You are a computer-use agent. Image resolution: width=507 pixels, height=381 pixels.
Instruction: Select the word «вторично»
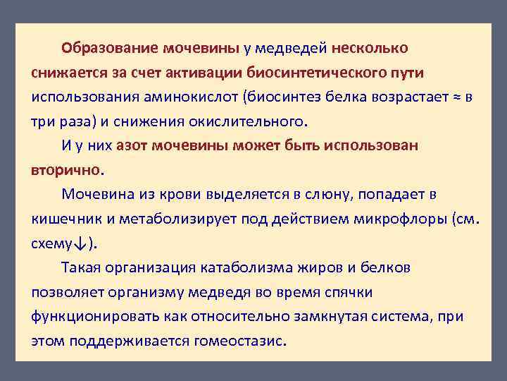click(66, 169)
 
